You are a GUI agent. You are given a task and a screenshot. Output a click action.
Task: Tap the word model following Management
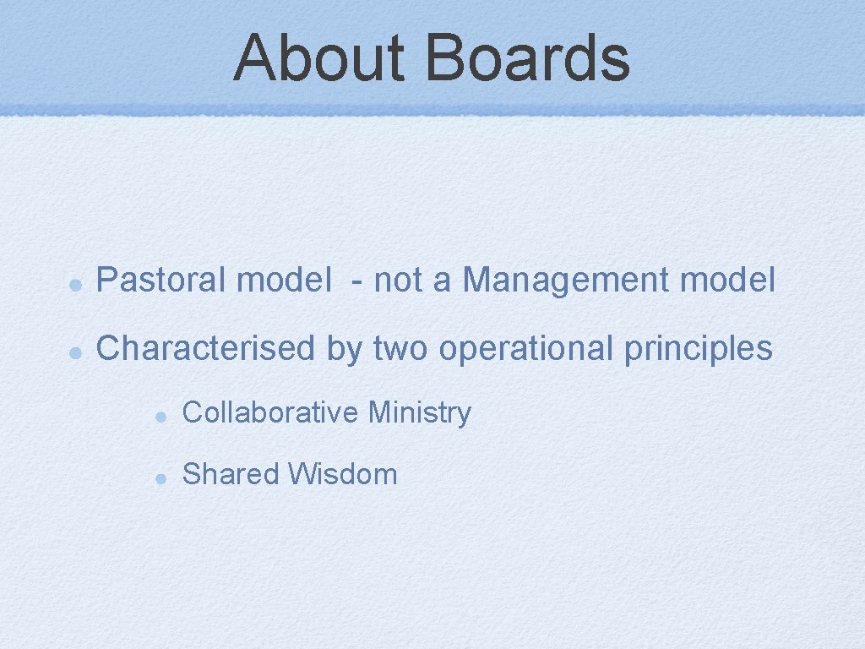pos(731,281)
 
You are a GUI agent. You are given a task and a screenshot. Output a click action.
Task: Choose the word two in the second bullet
pos(399,348)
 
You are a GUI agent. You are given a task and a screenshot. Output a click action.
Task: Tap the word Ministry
pos(420,414)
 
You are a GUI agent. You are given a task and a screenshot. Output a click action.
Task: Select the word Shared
pos(230,474)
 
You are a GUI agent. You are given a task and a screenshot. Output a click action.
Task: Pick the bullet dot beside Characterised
pos(75,352)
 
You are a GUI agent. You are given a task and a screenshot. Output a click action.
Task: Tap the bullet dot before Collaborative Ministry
pos(160,417)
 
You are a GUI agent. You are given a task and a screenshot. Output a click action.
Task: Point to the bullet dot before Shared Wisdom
pos(160,477)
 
